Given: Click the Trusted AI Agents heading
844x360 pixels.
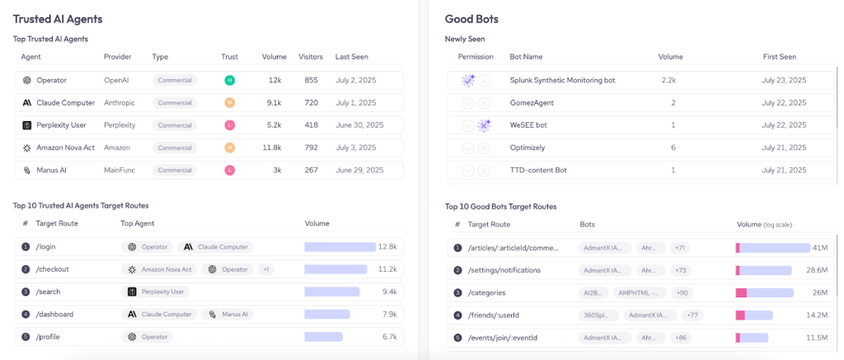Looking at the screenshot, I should [x=58, y=18].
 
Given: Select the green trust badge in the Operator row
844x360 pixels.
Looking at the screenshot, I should [x=230, y=80].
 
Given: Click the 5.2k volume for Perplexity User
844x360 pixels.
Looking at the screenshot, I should [x=273, y=125].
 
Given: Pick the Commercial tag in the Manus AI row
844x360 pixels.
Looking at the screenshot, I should [x=175, y=170].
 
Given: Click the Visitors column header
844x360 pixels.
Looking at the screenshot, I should [x=310, y=57].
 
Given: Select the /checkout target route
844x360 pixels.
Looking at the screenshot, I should [x=52, y=269].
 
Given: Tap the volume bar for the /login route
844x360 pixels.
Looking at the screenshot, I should [x=340, y=246].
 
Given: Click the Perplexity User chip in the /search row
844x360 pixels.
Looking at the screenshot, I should [x=156, y=292].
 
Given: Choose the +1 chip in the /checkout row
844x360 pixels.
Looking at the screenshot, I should [x=265, y=269].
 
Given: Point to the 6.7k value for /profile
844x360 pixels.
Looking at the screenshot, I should [x=388, y=337].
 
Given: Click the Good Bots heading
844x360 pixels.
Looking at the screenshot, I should [x=471, y=18].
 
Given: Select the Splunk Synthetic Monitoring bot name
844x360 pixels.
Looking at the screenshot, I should [x=562, y=80].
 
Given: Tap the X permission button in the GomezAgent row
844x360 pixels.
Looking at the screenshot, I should [x=485, y=103].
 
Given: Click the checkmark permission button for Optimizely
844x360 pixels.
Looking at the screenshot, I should [x=468, y=147].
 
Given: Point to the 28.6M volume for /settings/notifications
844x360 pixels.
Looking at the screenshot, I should [x=817, y=270].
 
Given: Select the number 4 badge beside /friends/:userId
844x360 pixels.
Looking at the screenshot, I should [x=457, y=315].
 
